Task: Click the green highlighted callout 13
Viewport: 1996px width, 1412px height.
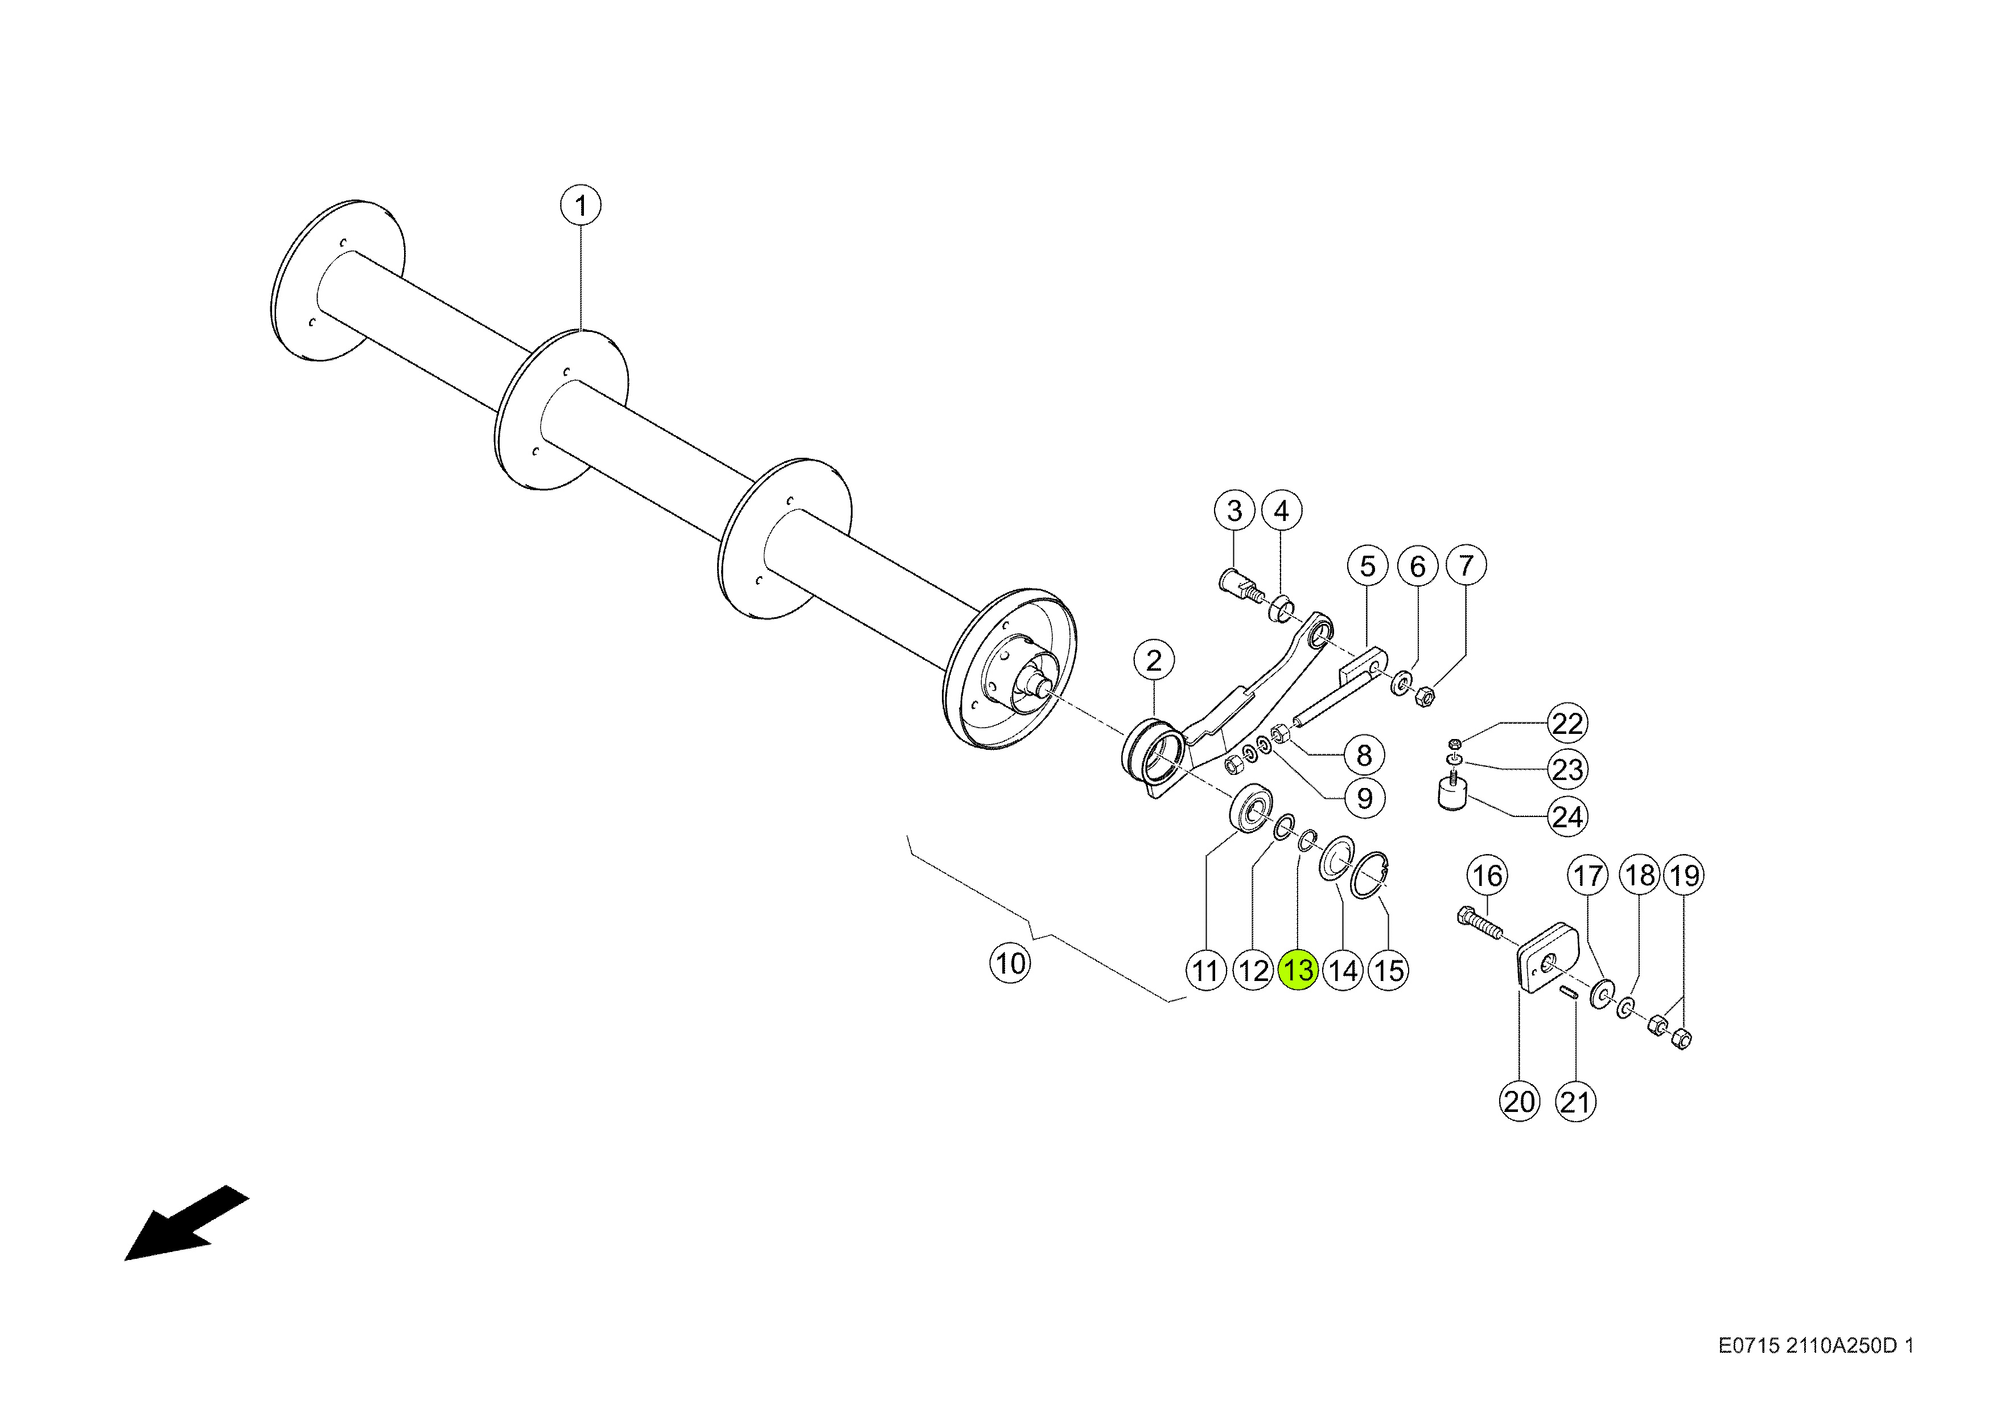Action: (1299, 970)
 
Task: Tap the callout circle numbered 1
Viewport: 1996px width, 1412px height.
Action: (581, 206)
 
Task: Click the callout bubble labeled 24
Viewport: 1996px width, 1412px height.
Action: (1567, 816)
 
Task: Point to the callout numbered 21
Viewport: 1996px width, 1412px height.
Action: (1575, 1102)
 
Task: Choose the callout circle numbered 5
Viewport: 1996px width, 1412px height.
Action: (1368, 566)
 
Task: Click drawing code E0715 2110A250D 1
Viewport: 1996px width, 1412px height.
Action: (1816, 1346)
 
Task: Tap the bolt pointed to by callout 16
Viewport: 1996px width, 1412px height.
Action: (1480, 923)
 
